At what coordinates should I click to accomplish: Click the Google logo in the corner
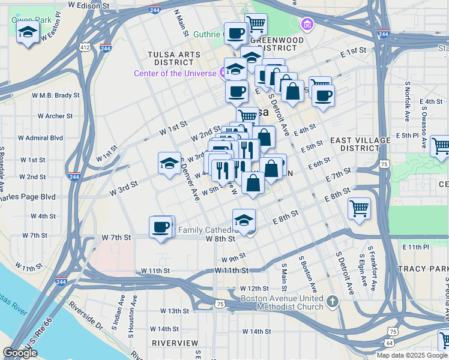(x=20, y=353)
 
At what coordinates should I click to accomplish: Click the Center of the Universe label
(x=175, y=73)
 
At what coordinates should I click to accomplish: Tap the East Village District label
(x=360, y=144)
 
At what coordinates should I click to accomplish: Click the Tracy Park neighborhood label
(x=426, y=268)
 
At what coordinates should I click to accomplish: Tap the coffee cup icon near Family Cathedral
(x=161, y=227)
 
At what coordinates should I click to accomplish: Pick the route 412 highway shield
(x=85, y=47)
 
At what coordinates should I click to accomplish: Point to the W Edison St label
(x=89, y=5)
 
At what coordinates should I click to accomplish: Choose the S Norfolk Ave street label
(x=406, y=103)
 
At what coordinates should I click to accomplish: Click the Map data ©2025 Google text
(x=412, y=355)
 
